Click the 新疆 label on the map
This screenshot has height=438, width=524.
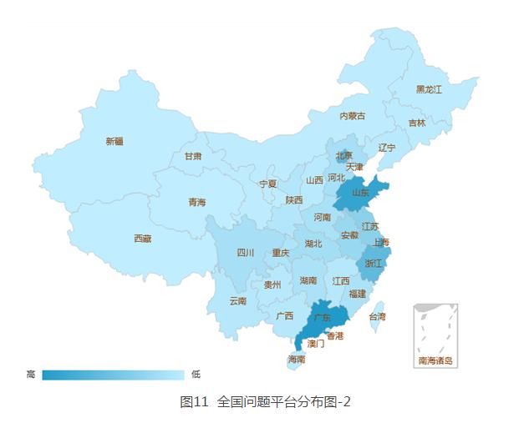click(x=114, y=142)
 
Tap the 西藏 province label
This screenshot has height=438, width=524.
click(x=143, y=239)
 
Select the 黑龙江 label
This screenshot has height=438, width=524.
click(x=429, y=89)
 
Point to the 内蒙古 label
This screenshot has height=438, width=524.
click(x=352, y=116)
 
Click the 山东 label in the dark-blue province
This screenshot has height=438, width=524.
click(x=360, y=192)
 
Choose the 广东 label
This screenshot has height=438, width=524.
click(x=321, y=317)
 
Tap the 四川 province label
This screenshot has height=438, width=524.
click(x=245, y=253)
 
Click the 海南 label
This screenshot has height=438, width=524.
click(x=297, y=360)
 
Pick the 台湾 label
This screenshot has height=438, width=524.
click(x=378, y=317)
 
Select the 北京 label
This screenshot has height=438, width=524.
click(x=344, y=155)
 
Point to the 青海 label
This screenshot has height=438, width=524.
click(x=196, y=202)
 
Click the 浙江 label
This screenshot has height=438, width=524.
click(x=373, y=264)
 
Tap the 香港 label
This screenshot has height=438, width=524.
click(x=334, y=336)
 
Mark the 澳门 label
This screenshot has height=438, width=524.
click(x=316, y=343)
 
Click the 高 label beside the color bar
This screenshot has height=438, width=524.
click(x=31, y=375)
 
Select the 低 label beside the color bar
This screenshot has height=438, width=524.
click(x=196, y=375)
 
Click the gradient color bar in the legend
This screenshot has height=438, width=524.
click(x=113, y=375)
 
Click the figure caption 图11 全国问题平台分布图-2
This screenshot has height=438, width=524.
click(x=266, y=402)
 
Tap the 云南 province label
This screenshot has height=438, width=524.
click(x=237, y=301)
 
